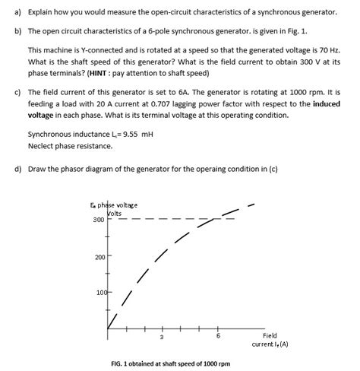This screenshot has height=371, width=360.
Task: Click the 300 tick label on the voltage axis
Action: point(99,220)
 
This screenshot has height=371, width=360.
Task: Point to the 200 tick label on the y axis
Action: point(99,257)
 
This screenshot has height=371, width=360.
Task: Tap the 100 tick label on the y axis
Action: point(99,293)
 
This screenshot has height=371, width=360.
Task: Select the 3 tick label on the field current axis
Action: point(161,338)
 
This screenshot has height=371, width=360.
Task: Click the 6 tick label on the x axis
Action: point(218,338)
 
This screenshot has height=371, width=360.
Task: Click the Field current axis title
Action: point(270,340)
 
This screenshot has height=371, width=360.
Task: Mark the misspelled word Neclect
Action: point(41,146)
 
